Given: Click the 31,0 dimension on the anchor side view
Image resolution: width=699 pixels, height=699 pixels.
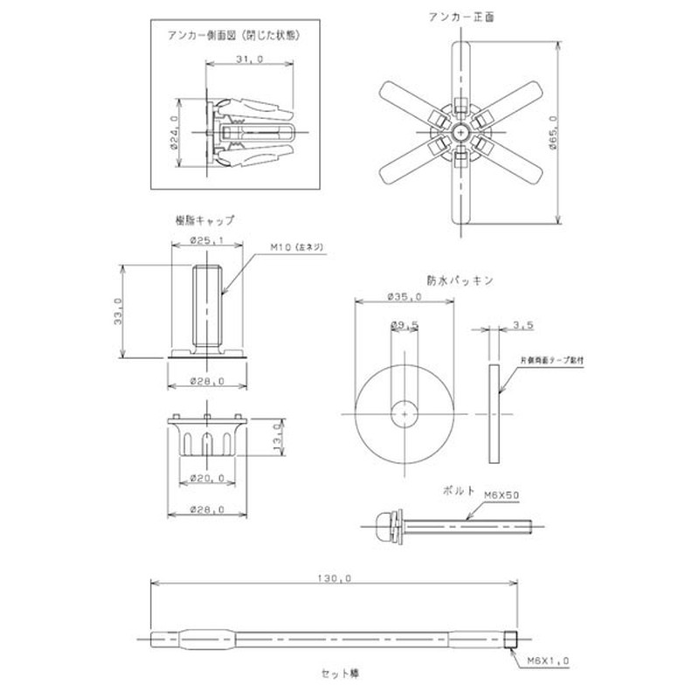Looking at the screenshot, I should (x=249, y=59).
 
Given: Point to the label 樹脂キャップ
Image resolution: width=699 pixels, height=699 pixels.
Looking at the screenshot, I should (x=204, y=220).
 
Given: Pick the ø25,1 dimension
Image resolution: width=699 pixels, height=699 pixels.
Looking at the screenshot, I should (x=208, y=241).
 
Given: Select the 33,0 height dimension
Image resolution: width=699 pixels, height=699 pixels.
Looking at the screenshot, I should (x=118, y=310).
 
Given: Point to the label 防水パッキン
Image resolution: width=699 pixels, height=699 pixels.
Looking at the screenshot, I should (x=460, y=280).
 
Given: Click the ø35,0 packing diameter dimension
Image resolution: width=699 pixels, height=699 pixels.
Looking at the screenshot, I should (x=405, y=297).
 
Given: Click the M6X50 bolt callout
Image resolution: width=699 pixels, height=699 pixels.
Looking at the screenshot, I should (x=502, y=495).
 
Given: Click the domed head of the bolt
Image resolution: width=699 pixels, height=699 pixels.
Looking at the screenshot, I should (x=378, y=525).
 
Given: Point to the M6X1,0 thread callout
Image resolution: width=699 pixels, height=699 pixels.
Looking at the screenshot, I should (x=548, y=661).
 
